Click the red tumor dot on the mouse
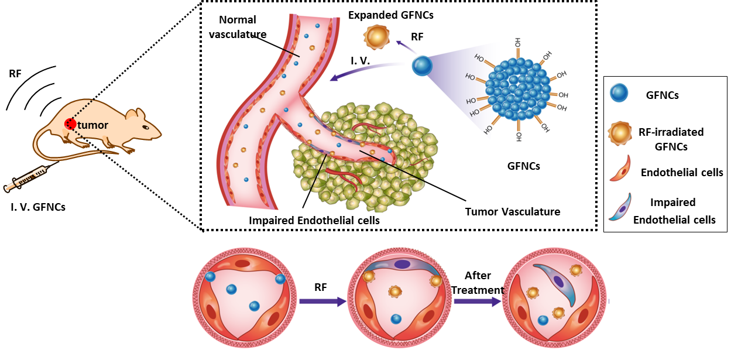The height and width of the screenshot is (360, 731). click(x=70, y=124)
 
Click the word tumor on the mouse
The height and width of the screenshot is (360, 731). click(x=93, y=125)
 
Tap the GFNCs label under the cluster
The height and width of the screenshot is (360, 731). click(x=523, y=166)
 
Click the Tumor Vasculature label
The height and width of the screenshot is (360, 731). click(x=513, y=211)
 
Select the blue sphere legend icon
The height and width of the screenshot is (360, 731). click(x=619, y=93)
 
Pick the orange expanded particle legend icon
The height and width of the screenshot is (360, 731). click(x=620, y=133)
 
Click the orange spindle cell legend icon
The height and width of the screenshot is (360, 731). click(x=620, y=168)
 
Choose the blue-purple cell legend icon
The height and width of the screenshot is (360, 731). click(x=620, y=206)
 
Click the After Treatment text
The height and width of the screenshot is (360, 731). click(x=478, y=283)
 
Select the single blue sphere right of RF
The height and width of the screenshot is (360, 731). click(x=421, y=65)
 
